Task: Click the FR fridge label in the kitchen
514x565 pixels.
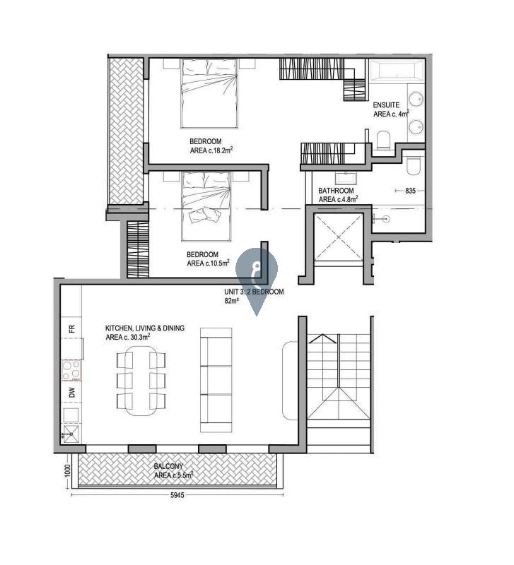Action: point(72,328)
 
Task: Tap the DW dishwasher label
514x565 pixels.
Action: point(72,392)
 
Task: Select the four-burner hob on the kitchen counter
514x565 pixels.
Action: point(71,370)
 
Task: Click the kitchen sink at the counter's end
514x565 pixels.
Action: point(71,434)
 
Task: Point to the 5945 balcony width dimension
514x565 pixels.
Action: point(177,495)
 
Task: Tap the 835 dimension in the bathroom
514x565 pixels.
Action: point(410,191)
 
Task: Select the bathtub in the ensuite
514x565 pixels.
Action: point(397,70)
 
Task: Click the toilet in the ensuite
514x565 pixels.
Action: point(382,140)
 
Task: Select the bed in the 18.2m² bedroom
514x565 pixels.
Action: point(209,94)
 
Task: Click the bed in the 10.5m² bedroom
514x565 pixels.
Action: point(206,206)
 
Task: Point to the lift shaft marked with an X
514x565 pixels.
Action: point(338,237)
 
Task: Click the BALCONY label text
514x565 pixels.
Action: point(168,466)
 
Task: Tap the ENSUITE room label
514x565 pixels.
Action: point(386,105)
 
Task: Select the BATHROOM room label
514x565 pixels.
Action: point(336,191)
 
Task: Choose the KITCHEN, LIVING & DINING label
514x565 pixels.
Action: point(145,328)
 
